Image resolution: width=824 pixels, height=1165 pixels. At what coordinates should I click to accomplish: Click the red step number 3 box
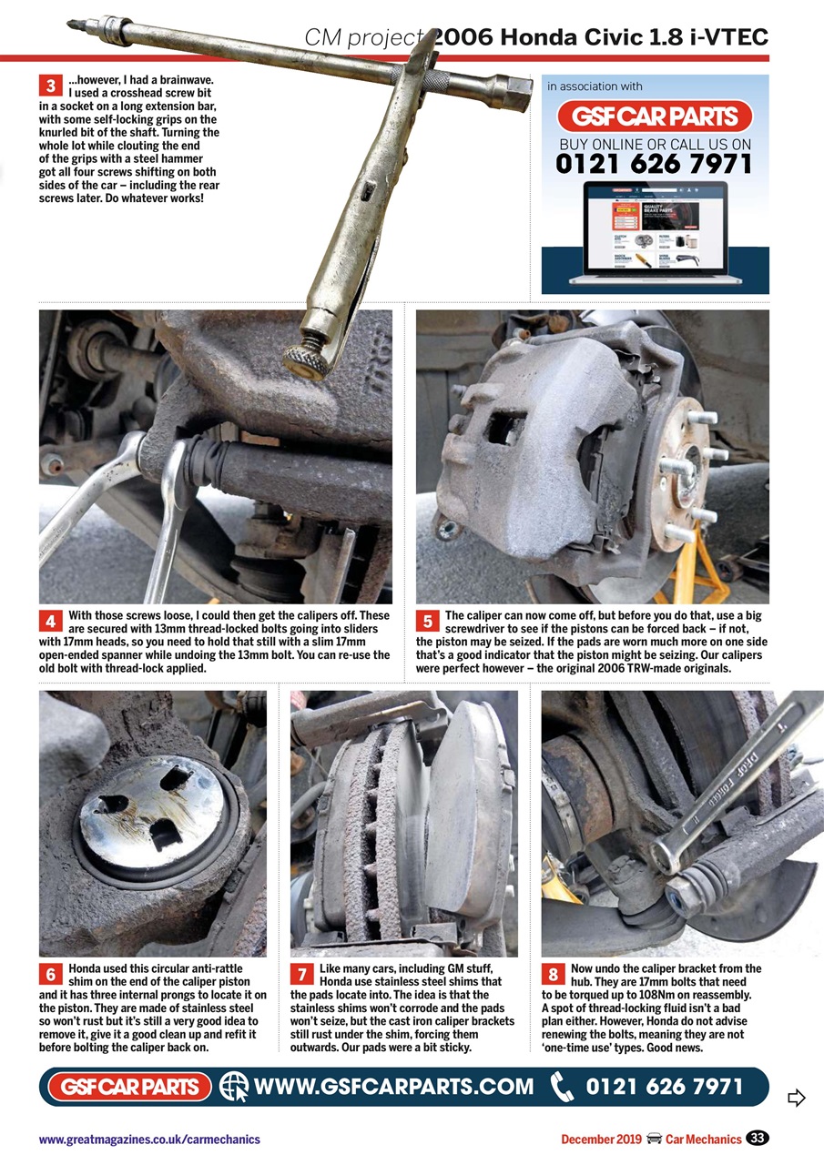click(x=50, y=86)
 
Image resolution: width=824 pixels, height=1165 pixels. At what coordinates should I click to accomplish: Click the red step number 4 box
click(x=50, y=622)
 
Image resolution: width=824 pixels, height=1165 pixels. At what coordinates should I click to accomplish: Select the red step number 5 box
click(x=427, y=622)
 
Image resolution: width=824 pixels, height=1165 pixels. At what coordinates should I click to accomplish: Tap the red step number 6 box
click(x=50, y=975)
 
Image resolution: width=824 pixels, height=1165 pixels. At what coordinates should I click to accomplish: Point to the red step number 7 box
click(x=301, y=975)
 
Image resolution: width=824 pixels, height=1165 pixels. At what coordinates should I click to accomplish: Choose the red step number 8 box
click(x=553, y=975)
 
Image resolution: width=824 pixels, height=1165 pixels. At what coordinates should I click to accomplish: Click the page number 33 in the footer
click(x=758, y=1139)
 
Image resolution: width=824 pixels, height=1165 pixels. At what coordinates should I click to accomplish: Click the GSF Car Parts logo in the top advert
click(x=655, y=116)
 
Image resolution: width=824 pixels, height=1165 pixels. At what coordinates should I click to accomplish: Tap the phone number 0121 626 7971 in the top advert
click(x=655, y=164)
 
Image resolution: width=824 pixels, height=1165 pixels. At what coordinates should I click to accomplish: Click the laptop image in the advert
click(x=655, y=233)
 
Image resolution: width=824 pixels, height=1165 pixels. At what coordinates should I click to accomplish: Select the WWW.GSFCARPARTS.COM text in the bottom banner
click(x=393, y=1086)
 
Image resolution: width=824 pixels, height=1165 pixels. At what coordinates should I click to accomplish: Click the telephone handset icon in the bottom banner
click(x=564, y=1086)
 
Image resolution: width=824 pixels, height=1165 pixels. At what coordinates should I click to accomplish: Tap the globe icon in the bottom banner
click(x=234, y=1086)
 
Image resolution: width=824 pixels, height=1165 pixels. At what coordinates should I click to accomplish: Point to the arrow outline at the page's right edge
click(x=797, y=1099)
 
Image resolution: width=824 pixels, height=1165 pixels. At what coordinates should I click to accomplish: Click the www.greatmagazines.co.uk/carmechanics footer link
click(x=149, y=1140)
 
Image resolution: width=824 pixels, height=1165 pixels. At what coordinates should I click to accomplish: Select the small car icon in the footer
click(x=653, y=1140)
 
